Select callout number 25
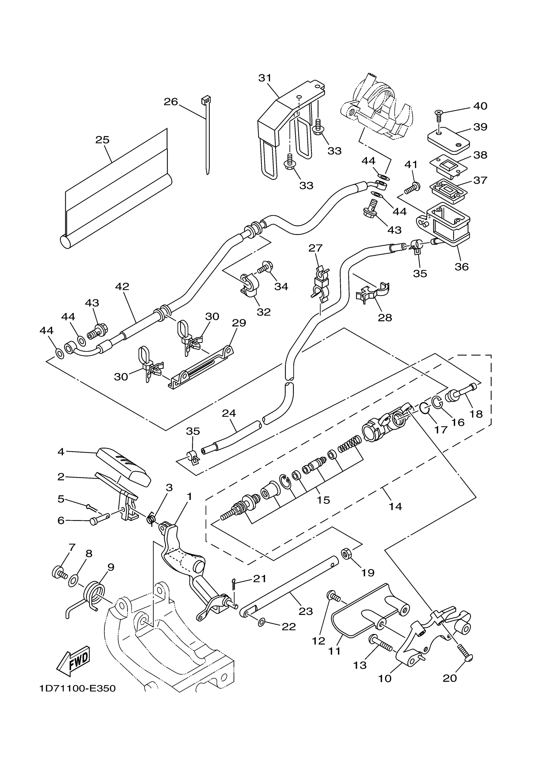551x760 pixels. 102,140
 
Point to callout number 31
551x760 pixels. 264,78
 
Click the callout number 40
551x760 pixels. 480,106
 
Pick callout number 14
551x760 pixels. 395,506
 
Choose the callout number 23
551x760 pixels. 306,611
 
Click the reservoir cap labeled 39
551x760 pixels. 448,140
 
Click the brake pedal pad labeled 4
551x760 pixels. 123,465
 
